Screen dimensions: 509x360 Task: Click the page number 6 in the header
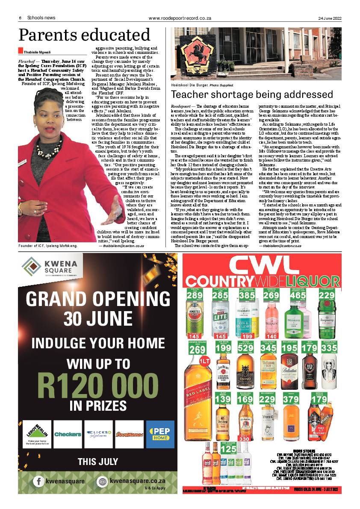click(20, 18)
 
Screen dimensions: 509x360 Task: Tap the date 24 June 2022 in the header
click(330, 18)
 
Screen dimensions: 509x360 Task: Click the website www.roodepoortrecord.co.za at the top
click(180, 18)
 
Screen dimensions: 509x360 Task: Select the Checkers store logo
click(67, 434)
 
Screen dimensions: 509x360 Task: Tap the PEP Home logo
click(160, 434)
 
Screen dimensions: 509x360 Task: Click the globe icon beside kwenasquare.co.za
click(102, 482)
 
